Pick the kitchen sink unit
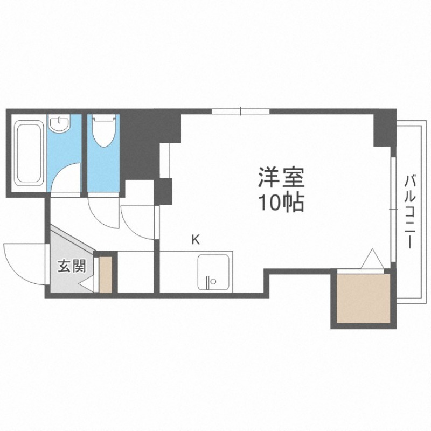point(214,273)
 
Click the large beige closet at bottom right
point(363,299)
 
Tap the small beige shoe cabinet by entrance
point(106,275)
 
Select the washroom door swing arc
point(67,178)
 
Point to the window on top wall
point(240,112)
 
